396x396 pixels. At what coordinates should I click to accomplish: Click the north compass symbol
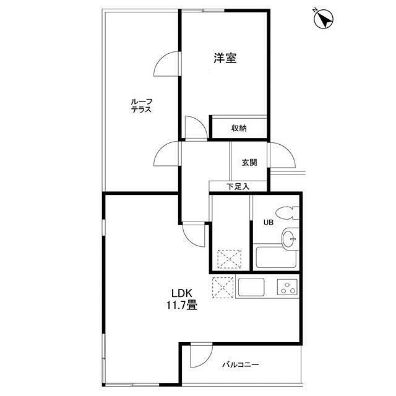(324, 19)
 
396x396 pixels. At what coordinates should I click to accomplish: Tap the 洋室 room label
(225, 58)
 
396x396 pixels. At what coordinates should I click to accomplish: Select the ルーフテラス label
(142, 106)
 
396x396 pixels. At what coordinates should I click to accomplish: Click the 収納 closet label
(239, 128)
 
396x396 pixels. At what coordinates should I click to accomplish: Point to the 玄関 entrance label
(249, 162)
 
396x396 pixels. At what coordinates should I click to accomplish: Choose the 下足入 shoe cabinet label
(238, 187)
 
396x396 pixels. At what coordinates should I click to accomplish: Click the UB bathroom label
(269, 223)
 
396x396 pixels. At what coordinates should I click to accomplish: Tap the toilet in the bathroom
(287, 213)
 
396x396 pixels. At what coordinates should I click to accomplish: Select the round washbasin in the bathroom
(288, 238)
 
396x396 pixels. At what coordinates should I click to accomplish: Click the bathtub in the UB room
(276, 257)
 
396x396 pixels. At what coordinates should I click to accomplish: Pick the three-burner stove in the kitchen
(287, 287)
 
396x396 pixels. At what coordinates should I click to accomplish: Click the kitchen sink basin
(251, 287)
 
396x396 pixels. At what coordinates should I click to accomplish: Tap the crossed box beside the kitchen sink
(223, 287)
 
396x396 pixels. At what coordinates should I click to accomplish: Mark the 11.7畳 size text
(181, 305)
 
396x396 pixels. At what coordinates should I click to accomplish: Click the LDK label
(182, 293)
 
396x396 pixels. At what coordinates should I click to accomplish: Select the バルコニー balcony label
(240, 364)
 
